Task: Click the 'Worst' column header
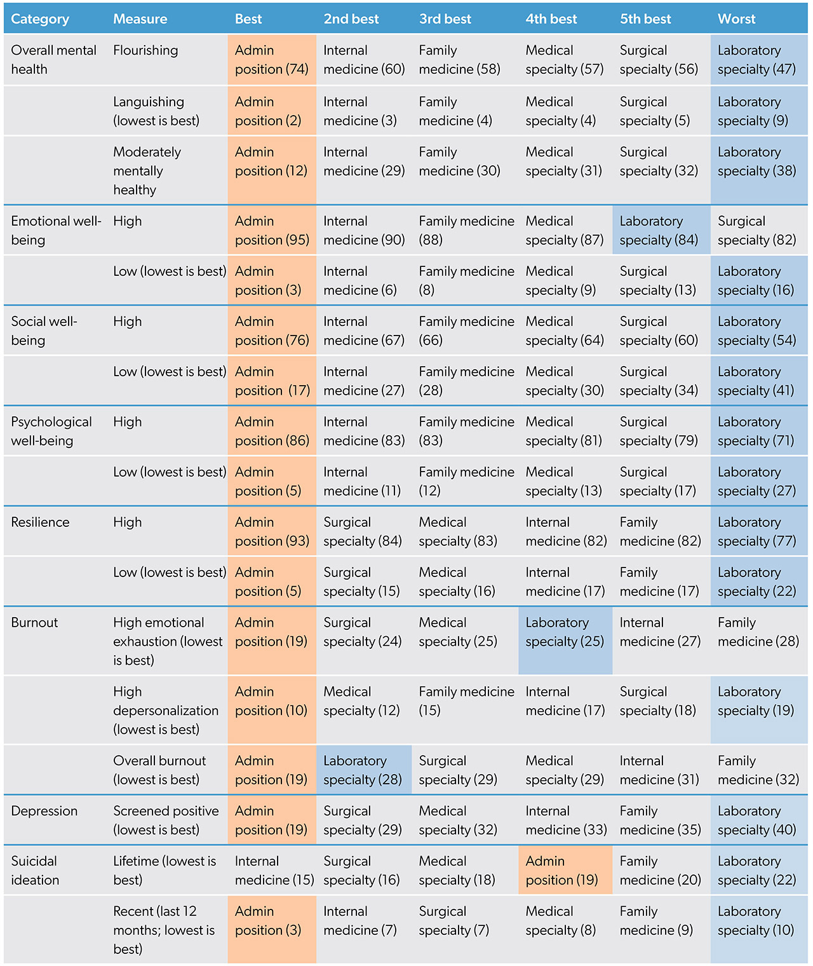736,19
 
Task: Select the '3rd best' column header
445,19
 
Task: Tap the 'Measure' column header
140,19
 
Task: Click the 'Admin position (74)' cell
271,60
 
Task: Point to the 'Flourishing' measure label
145,50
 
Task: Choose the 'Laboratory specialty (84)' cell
659,231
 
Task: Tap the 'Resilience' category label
40,522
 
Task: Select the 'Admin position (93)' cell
271,532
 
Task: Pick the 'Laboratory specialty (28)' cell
363,770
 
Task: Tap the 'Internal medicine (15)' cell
274,871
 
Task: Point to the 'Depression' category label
44,811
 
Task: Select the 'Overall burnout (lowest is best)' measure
159,770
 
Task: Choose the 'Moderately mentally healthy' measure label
147,171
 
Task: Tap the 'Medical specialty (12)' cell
361,701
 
